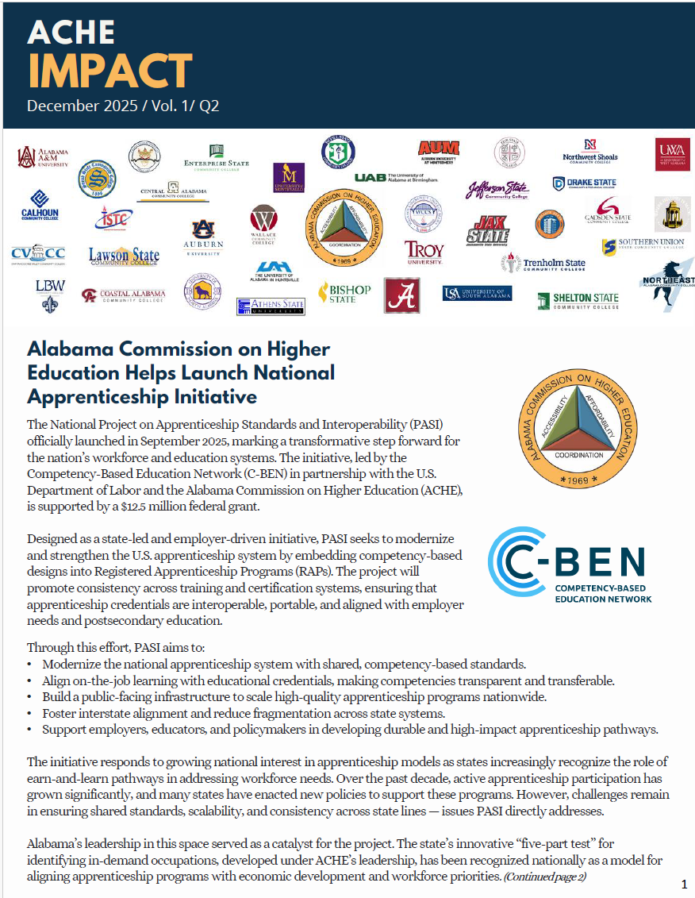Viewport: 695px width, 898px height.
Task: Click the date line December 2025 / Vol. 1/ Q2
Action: (x=123, y=106)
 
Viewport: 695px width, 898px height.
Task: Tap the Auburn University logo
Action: (x=204, y=237)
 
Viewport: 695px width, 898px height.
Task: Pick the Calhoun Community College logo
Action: (x=40, y=205)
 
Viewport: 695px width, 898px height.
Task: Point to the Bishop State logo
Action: (x=344, y=293)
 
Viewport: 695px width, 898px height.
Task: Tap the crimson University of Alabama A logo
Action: (x=402, y=295)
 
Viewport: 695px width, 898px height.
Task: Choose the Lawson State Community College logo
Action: (x=124, y=256)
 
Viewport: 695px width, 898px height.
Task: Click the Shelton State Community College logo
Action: (x=578, y=300)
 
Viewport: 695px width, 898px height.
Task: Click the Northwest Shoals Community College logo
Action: (x=589, y=151)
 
